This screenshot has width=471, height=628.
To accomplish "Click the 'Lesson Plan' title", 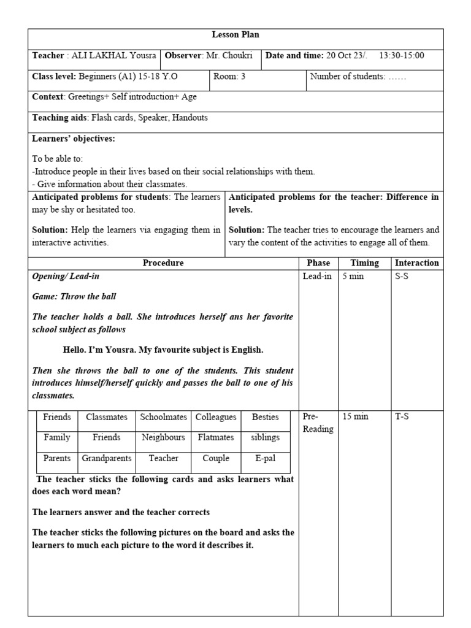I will point(235,35).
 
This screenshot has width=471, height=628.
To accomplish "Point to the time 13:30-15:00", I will point(402,56).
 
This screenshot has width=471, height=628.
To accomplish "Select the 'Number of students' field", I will point(358,77).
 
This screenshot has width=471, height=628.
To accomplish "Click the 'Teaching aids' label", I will point(59,118).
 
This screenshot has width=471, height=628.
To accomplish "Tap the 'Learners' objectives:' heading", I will point(74,139).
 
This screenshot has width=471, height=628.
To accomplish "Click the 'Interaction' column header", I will point(417,263).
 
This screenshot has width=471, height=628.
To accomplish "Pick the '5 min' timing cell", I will point(353,277).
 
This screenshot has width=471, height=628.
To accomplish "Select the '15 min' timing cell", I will point(355,417).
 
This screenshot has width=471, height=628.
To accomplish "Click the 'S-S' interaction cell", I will point(402,277).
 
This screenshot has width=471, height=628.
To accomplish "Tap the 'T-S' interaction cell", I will point(402,417).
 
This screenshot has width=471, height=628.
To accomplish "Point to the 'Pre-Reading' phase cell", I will point(318,423).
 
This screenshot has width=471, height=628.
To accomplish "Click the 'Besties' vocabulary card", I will point(265,417).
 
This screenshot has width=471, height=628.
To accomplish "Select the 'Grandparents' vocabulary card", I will point(107,458).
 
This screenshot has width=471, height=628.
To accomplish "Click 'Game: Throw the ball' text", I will point(74,296).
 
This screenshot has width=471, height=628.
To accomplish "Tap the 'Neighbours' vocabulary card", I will point(163,438).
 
